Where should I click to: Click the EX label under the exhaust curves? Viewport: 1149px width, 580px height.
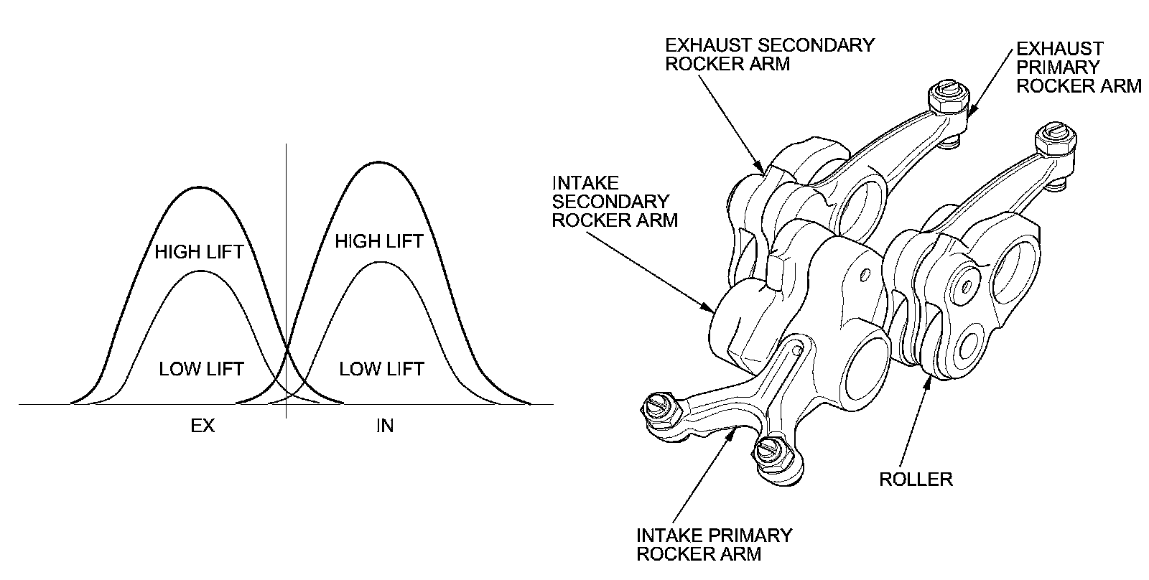pos(203,426)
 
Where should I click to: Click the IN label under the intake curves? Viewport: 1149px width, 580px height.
pos(385,426)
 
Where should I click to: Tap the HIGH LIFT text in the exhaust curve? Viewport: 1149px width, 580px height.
pos(199,252)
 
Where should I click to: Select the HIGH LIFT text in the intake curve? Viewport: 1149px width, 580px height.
pos(379,241)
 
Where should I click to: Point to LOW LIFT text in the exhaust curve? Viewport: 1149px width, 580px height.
pos(201,369)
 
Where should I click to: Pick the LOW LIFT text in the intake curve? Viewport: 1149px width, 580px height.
pos(381,369)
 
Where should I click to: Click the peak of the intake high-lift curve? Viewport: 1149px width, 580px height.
pos(379,163)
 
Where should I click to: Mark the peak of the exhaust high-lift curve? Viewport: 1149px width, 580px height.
pos(199,187)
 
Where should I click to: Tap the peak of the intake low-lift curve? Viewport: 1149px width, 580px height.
pos(379,261)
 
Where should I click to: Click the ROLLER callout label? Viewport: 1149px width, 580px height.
pos(916,479)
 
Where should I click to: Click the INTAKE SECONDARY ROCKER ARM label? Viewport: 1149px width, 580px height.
pos(614,202)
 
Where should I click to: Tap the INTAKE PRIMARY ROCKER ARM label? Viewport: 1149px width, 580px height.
pos(714,544)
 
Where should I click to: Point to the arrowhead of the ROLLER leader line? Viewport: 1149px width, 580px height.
pos(929,378)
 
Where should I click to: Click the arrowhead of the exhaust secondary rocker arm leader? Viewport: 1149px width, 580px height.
pos(763,172)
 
